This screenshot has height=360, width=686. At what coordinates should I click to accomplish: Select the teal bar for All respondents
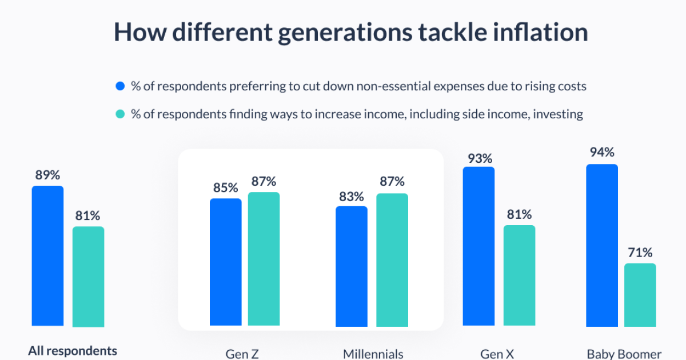click(x=88, y=277)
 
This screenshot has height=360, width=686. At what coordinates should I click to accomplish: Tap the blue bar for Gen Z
click(x=226, y=262)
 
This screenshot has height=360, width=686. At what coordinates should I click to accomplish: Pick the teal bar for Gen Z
click(x=264, y=259)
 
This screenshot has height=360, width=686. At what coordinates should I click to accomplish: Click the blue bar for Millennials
click(x=352, y=266)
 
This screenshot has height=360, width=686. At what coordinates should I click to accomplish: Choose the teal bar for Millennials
click(x=392, y=260)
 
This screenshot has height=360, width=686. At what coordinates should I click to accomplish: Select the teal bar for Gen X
click(x=519, y=276)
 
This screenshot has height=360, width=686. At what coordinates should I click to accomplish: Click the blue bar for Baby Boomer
click(x=602, y=245)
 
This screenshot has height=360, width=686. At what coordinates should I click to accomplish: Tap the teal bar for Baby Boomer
click(x=640, y=295)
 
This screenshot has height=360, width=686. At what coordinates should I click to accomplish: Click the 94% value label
click(x=602, y=153)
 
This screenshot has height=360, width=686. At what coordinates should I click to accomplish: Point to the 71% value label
click(x=640, y=253)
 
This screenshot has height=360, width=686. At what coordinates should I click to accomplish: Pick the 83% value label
click(x=351, y=197)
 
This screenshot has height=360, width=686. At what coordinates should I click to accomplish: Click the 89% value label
click(x=47, y=175)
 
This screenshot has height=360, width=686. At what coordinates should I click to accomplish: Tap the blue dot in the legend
click(x=120, y=87)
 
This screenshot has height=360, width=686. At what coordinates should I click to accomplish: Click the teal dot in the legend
click(x=120, y=114)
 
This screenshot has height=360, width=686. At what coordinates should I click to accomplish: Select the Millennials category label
click(x=373, y=354)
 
